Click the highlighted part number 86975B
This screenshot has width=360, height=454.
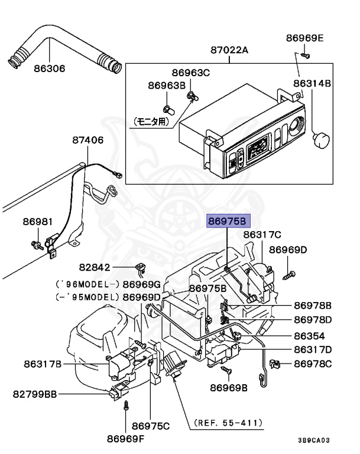pyautogui.click(x=228, y=221)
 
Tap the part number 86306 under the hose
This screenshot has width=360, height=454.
pyautogui.click(x=50, y=69)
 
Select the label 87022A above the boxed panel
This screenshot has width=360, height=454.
pyautogui.click(x=229, y=50)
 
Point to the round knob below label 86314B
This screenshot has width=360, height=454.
pyautogui.click(x=322, y=140)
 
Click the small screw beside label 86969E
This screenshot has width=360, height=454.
pyautogui.click(x=304, y=55)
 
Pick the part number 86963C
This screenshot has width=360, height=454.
pyautogui.click(x=190, y=73)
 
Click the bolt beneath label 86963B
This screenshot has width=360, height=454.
pyautogui.click(x=169, y=110)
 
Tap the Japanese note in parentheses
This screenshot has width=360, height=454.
pyautogui.click(x=151, y=122)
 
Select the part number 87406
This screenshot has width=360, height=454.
pyautogui.click(x=87, y=140)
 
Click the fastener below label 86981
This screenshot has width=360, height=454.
pyautogui.click(x=37, y=245)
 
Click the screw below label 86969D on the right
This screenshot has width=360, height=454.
pyautogui.click(x=289, y=275)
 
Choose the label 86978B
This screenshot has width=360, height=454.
pyautogui.click(x=313, y=306)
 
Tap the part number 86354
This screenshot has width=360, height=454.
pyautogui.click(x=309, y=336)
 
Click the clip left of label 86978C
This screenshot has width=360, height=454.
pyautogui.click(x=274, y=364)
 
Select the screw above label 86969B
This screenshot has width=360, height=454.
pyautogui.click(x=226, y=369)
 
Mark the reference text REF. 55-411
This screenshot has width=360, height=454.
pyautogui.click(x=228, y=423)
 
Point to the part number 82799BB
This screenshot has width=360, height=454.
pyautogui.click(x=35, y=394)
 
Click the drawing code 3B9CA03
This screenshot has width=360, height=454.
pyautogui.click(x=314, y=440)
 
